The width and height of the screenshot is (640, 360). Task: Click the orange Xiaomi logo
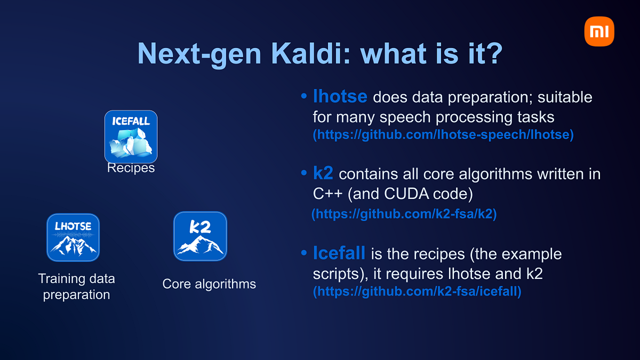tap(599, 31)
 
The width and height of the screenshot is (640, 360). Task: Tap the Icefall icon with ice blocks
tap(131, 137)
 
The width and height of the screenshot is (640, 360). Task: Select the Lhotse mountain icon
tap(73, 237)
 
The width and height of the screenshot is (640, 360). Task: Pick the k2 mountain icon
tap(200, 236)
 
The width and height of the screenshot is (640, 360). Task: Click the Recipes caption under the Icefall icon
tap(131, 168)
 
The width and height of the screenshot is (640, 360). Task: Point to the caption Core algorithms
tap(209, 284)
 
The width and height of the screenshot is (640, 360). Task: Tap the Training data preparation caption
tap(76, 286)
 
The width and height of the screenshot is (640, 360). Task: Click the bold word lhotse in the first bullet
tap(340, 97)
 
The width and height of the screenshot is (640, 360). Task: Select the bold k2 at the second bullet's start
tap(324, 174)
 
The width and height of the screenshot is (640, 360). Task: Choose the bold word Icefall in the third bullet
tap(339, 253)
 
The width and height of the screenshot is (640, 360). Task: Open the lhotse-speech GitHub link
tap(443, 135)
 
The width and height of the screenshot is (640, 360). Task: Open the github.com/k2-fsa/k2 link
tap(404, 214)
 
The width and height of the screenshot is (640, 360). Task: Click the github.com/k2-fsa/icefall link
tap(417, 292)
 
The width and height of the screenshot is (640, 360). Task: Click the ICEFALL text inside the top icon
tap(131, 121)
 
